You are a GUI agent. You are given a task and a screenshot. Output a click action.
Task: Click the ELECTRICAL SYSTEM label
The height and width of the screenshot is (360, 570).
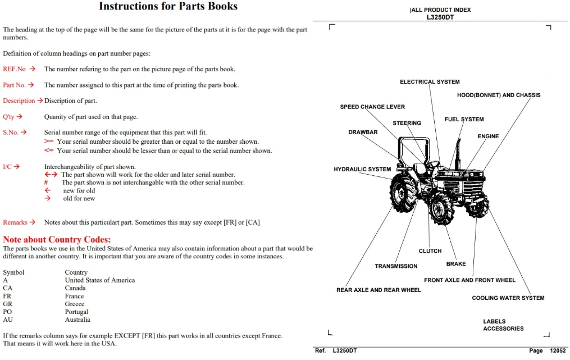click(x=430, y=82)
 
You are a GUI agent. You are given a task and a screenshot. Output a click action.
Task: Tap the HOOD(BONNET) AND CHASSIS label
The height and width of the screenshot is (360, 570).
click(x=499, y=95)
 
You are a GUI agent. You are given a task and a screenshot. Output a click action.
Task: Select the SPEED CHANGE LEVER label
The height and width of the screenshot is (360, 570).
click(x=372, y=107)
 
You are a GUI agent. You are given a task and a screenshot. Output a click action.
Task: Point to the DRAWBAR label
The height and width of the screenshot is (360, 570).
click(x=363, y=133)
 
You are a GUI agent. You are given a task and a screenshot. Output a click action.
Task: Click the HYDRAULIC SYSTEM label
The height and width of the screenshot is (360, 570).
click(x=362, y=170)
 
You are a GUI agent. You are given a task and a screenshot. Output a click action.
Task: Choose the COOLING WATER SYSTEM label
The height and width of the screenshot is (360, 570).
click(x=508, y=298)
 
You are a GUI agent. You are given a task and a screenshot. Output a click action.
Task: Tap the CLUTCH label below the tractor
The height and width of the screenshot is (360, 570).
click(x=430, y=251)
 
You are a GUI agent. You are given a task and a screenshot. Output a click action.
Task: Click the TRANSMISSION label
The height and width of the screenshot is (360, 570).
click(x=396, y=266)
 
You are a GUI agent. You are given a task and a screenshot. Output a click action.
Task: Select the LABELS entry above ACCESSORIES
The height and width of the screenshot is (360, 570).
click(x=494, y=321)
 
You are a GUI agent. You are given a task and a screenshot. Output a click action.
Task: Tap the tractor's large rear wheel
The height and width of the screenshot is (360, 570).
click(x=404, y=192)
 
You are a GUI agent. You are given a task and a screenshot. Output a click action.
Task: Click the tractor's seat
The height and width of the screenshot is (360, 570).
click(x=420, y=168)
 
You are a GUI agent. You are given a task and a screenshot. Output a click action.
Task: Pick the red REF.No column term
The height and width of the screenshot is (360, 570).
click(x=14, y=69)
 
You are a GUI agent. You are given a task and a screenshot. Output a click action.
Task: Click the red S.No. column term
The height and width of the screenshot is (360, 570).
click(x=11, y=133)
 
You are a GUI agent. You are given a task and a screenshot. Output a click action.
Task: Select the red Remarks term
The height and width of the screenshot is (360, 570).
click(x=15, y=222)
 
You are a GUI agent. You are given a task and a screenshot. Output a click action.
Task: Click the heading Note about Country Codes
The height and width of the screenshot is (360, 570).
click(x=57, y=240)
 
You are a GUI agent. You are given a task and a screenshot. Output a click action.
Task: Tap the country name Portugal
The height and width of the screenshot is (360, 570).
click(x=76, y=312)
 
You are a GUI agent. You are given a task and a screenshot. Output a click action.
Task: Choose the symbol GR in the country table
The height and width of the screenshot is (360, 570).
click(x=8, y=304)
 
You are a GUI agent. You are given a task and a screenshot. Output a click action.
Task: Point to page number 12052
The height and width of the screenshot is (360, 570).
click(x=558, y=350)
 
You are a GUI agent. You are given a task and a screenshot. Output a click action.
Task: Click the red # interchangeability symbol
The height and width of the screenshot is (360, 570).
click(x=46, y=183)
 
